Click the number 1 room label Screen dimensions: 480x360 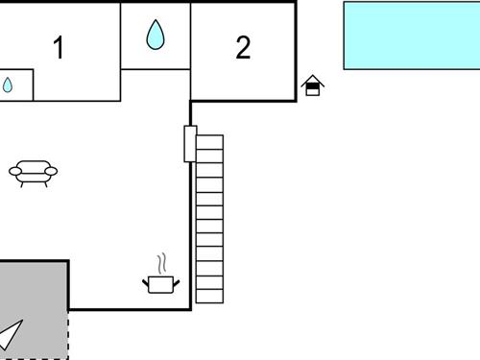59,48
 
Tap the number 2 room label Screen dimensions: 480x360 243,48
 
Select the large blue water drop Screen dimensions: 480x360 156,36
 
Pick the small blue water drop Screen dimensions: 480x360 8,85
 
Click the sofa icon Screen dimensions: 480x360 33,172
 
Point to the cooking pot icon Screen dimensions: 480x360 161,283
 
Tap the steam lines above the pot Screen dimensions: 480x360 162,262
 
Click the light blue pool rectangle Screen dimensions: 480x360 412,35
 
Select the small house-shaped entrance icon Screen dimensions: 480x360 312,86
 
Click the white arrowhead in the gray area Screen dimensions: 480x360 10,334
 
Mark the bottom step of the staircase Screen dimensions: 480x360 209,296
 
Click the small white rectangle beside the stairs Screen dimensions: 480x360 190,144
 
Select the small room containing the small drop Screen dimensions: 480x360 16,85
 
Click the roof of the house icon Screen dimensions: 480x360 312,81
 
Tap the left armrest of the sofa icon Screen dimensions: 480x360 14,171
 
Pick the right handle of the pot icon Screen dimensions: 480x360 177,280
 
